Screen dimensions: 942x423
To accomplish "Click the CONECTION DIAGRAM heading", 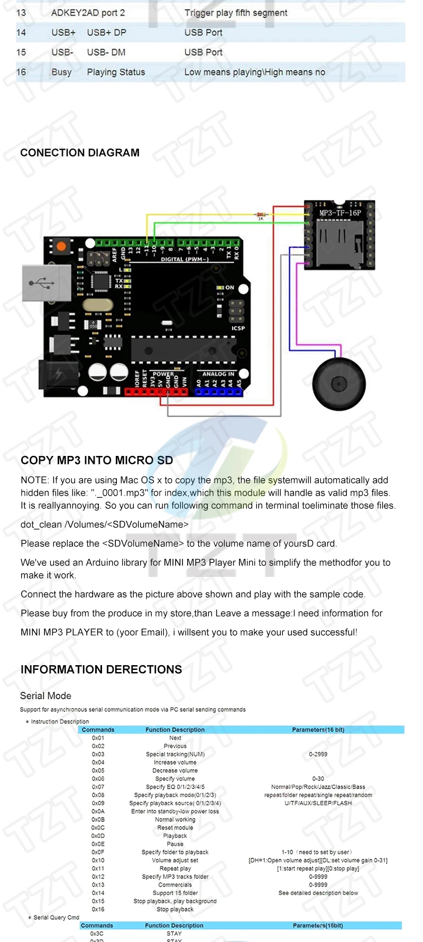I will pos(80,153).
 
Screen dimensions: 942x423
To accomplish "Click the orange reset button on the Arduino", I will pos(61,246).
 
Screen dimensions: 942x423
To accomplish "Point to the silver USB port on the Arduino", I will pos(46,283).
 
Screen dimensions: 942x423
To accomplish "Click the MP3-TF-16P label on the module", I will pos(340,213).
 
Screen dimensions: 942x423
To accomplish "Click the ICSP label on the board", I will pos(238,328).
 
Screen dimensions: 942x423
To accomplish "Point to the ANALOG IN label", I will pos(218,374).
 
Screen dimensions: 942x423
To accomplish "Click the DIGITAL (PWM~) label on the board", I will pos(185,259).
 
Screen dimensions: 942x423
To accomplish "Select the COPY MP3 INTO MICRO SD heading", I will pos(97,460).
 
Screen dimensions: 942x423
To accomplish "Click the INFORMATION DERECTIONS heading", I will pos(101,669).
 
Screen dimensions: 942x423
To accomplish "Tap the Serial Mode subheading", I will pos(45,696).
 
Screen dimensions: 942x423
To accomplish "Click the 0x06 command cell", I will pos(98,779).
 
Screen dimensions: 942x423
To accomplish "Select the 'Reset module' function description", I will pos(175,827).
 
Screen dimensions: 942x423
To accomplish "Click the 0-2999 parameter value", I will pos(318,754).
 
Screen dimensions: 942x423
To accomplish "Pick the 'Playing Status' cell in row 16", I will pos(116,72).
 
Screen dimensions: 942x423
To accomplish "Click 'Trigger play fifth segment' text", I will pos(236,13).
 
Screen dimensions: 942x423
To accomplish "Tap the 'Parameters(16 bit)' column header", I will pos(318,730).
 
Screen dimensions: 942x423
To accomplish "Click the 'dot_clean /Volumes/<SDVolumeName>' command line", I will pos(105,525).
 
